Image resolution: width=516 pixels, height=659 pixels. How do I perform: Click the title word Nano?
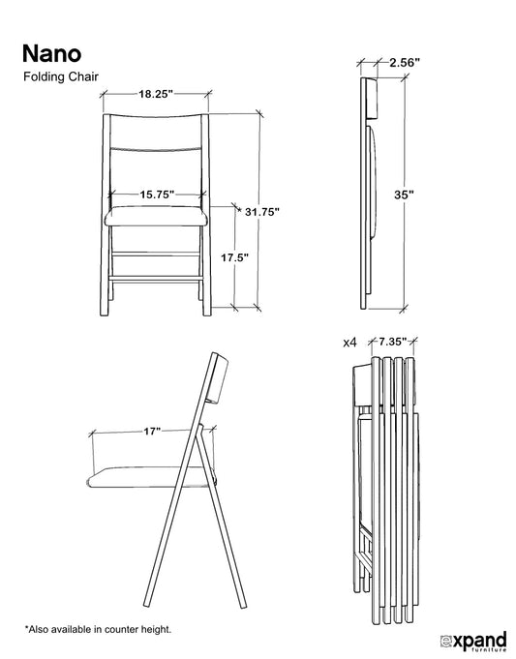(51, 53)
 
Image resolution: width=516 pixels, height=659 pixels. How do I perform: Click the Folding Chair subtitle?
(61, 76)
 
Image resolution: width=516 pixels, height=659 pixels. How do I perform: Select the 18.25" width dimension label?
(156, 94)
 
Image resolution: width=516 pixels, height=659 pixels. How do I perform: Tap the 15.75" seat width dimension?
(157, 195)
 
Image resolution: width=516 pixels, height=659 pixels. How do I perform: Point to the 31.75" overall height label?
(262, 212)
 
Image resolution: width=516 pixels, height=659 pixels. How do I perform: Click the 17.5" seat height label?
(235, 257)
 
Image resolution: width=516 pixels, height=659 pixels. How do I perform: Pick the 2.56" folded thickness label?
(405, 63)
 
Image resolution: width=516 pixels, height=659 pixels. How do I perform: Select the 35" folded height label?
(404, 195)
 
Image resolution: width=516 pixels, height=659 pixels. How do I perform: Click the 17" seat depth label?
(152, 432)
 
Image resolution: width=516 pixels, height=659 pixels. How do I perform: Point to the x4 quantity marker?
(349, 343)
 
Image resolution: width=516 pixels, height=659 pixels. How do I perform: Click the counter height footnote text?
(98, 630)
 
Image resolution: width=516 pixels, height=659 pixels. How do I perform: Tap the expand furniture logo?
(473, 642)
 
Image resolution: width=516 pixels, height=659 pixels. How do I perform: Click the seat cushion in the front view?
(156, 216)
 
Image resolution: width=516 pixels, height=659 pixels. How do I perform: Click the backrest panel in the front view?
(156, 132)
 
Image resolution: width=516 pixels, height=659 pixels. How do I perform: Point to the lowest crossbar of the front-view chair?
(156, 279)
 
